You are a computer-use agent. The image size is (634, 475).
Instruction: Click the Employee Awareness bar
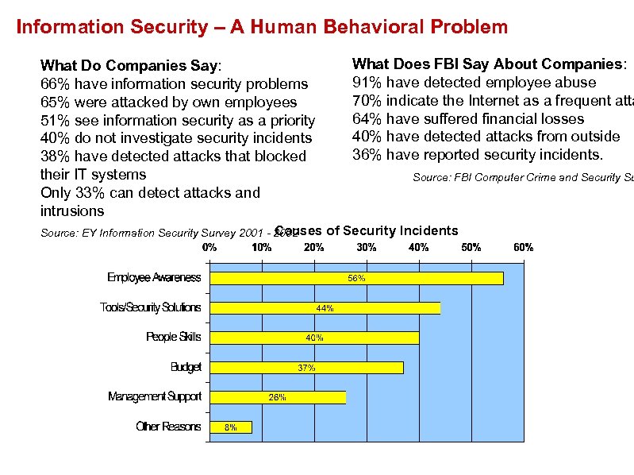click(356, 278)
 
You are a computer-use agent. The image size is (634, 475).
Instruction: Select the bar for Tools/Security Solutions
click(325, 308)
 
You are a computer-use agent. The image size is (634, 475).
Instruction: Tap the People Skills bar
click(314, 338)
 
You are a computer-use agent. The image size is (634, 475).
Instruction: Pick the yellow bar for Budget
click(306, 368)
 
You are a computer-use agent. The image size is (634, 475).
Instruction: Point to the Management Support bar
click(278, 397)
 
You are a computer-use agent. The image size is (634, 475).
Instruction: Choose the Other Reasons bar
click(231, 427)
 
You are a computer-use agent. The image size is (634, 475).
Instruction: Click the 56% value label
click(356, 278)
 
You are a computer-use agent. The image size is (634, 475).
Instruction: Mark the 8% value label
click(231, 427)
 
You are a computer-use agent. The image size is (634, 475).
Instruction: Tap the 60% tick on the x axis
click(523, 248)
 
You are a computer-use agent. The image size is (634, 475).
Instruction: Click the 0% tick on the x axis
click(210, 248)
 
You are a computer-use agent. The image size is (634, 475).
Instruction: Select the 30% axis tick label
click(367, 248)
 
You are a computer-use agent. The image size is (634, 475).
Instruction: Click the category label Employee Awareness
click(154, 277)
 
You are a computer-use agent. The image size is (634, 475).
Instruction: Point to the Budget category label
click(186, 367)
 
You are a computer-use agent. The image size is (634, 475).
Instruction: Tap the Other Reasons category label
click(168, 427)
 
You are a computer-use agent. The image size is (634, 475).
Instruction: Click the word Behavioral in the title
click(373, 27)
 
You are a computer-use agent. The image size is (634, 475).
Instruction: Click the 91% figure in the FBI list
click(366, 83)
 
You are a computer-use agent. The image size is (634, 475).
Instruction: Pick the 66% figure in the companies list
click(53, 83)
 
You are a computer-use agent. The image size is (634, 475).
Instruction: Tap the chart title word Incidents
click(428, 231)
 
